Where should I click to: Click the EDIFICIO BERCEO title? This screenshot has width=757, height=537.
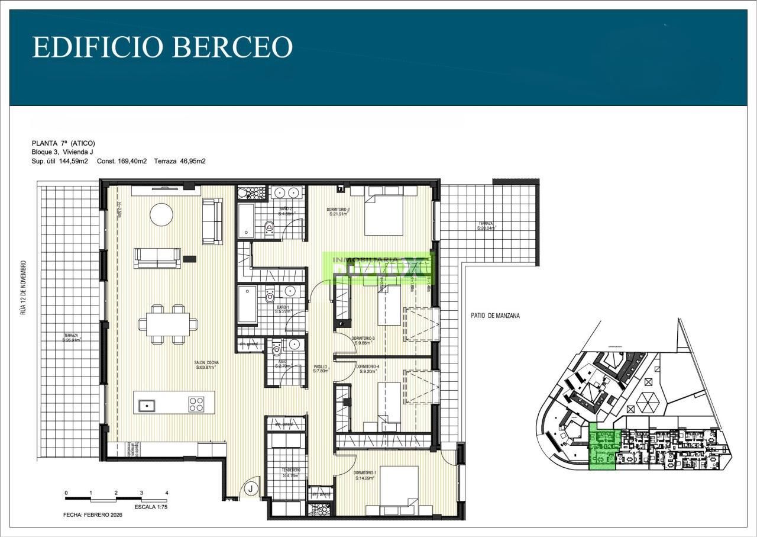(162, 47)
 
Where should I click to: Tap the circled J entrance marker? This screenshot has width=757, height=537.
(251, 489)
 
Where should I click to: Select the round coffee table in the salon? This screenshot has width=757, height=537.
(161, 214)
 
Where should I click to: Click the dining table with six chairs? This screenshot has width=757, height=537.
(168, 324)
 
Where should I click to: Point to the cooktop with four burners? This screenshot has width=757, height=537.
(196, 404)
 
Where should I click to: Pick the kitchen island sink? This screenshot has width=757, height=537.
(146, 406)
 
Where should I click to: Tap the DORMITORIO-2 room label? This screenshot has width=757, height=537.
(339, 212)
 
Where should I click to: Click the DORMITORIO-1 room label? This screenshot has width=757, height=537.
(365, 475)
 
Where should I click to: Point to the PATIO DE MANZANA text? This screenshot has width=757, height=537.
(496, 316)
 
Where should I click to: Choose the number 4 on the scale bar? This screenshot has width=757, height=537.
(167, 493)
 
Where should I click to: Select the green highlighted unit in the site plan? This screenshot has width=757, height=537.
(604, 449)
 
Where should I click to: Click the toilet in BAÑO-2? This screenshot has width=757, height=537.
(270, 227)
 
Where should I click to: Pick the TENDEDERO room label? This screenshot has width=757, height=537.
(292, 472)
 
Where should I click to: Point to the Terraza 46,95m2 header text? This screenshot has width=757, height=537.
(180, 161)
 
